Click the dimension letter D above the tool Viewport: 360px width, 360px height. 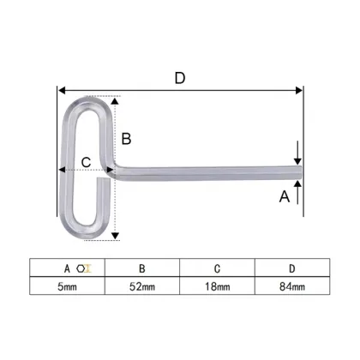point(180,76)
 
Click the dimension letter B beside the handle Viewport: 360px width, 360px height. point(125,138)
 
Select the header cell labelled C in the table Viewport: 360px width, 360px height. point(219,267)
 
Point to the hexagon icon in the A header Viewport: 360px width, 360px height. point(86,267)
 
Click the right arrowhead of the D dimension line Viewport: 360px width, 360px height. point(300,87)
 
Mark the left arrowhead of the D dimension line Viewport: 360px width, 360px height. point(61,87)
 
